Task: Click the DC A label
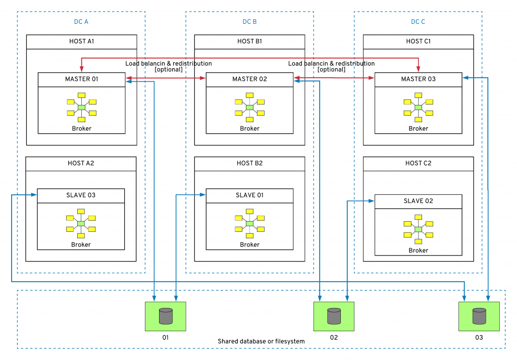point(81,22)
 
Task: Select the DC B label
point(249,22)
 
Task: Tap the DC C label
point(418,22)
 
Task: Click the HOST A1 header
point(81,41)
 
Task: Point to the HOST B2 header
point(249,163)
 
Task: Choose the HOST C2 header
point(418,163)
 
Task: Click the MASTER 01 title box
point(81,79)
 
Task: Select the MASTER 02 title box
point(249,79)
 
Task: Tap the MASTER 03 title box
point(418,79)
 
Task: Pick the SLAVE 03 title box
point(81,195)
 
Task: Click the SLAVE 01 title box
point(249,195)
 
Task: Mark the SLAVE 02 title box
point(418,201)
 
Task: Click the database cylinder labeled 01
point(166,316)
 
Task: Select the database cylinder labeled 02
point(334,316)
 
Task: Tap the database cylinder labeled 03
point(479,316)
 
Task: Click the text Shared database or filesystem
point(261,341)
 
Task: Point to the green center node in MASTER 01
point(81,108)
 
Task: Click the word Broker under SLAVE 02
point(418,250)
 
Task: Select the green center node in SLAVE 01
point(249,224)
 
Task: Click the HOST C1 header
point(418,41)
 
